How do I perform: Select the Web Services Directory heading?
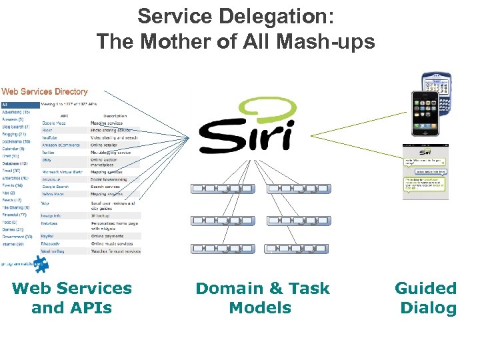coord(45,91)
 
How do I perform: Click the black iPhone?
coord(424,113)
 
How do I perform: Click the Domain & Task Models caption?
coord(262,298)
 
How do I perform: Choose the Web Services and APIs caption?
coord(72,298)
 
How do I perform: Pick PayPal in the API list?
coord(48,236)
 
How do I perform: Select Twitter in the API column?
coord(48,153)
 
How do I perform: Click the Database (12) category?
coord(15,163)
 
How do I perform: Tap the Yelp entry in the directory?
coord(45,203)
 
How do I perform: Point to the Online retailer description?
coord(106,145)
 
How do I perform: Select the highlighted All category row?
coord(20,105)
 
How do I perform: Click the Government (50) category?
coord(17,237)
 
